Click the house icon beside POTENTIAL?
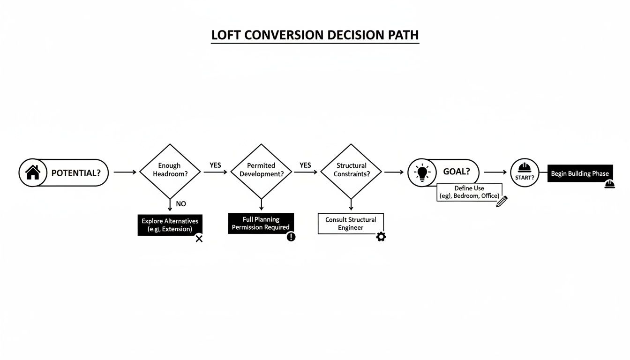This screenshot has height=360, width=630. (x=32, y=172)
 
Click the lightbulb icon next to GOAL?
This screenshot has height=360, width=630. (x=422, y=172)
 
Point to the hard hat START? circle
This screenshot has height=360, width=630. (x=524, y=172)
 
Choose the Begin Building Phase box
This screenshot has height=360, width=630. (x=580, y=173)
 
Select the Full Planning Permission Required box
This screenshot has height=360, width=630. (x=261, y=223)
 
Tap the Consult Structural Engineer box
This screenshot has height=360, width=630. (x=351, y=224)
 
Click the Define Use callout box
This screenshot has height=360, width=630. (x=469, y=192)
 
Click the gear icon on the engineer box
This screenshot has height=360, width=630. (x=381, y=237)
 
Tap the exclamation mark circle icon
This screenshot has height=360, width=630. (x=291, y=237)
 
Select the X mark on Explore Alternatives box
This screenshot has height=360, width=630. (x=199, y=239)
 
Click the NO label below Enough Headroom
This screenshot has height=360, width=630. (x=180, y=204)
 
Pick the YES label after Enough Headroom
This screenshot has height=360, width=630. (x=215, y=165)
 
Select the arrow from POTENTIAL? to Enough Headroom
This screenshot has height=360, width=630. (x=125, y=172)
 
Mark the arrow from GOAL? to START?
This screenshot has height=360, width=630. (x=495, y=172)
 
